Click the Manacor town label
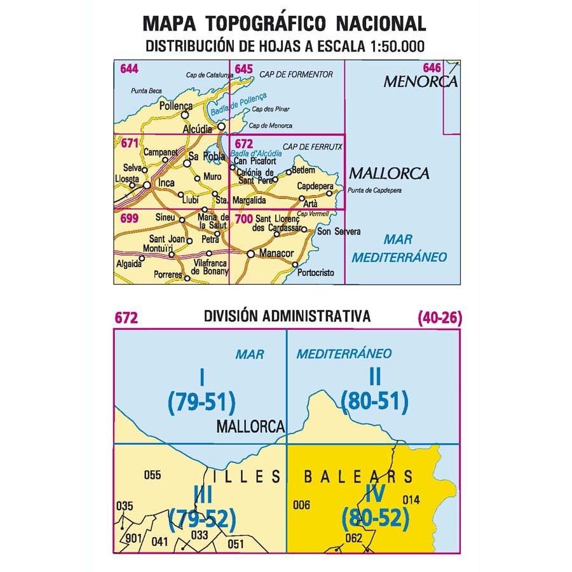pos(278,254)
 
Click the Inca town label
pos(165,184)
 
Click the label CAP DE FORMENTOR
pos(296,75)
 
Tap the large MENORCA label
pos(420,82)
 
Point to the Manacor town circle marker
pos(250,254)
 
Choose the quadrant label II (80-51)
pos(374,390)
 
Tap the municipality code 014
pos(411,499)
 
